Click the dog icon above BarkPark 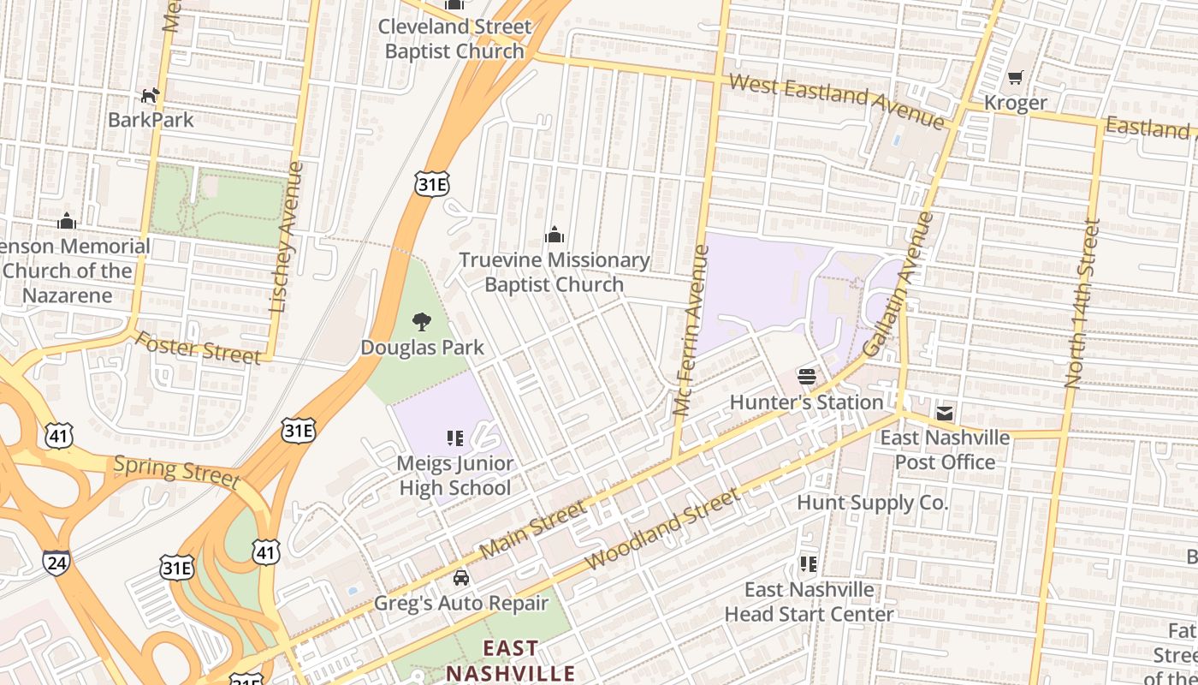point(151,95)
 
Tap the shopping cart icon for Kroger point(1015,78)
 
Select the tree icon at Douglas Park point(421,322)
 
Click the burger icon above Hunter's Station point(806,376)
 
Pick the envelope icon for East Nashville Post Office point(944,414)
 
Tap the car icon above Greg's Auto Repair point(461,578)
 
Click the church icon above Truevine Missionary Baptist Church point(555,235)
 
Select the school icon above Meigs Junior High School point(455,438)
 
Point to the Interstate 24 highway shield point(56,563)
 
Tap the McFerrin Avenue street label point(691,331)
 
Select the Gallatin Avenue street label point(900,285)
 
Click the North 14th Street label point(1081,304)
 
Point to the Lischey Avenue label point(286,236)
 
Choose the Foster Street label point(198,347)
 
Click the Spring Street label point(176,470)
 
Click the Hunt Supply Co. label point(872,503)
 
